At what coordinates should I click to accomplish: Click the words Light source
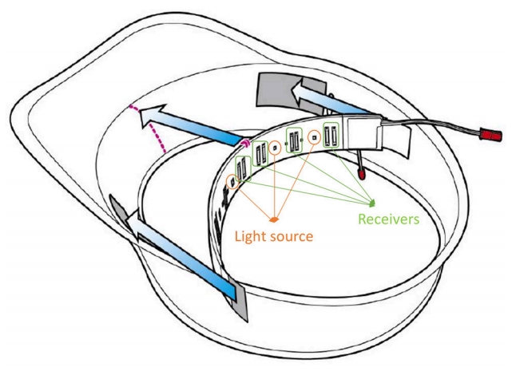click(273, 237)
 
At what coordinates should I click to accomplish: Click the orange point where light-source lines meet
click(274, 219)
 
